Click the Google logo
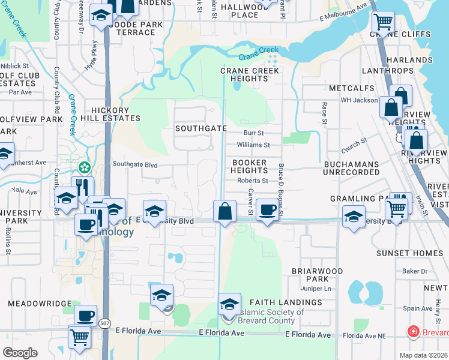20,353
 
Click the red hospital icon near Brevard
413,331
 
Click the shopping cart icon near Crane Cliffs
382,23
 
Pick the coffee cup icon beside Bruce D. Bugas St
267,210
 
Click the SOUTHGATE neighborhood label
201,128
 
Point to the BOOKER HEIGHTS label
250,166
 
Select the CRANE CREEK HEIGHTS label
250,74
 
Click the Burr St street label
253,133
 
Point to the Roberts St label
252,180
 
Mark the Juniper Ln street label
319,289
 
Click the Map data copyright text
424,355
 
